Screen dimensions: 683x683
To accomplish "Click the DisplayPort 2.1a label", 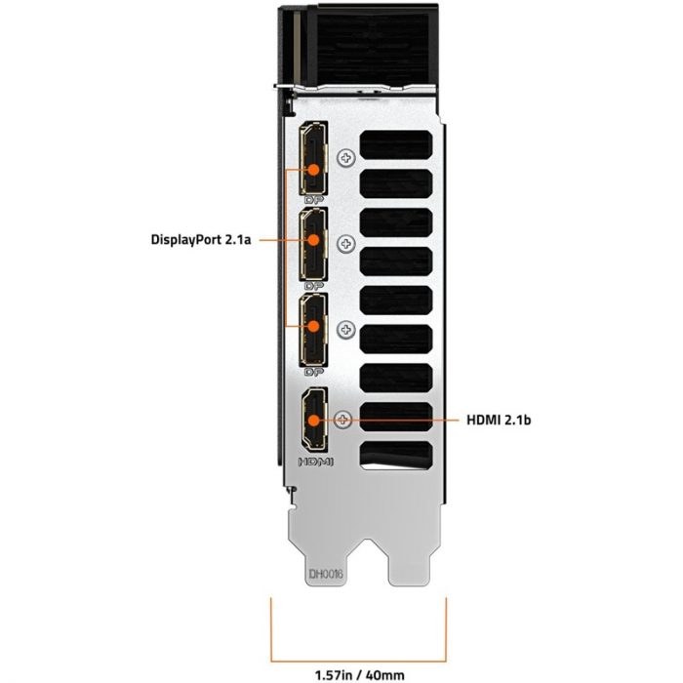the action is pos(201,240).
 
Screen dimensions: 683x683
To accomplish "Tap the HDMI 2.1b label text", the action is pos(499,420).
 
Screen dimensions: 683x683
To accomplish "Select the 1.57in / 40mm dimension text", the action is pos(359,675).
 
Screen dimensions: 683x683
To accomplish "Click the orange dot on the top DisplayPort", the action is pos(313,170).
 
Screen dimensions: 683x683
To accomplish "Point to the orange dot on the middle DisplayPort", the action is pos(313,240).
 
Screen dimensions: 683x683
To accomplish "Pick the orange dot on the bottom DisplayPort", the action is pos(313,326).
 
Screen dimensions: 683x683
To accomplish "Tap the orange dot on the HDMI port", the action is pos(313,420).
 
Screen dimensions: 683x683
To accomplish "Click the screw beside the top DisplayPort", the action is pos(346,157).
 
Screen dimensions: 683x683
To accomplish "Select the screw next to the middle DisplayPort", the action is pos(346,244).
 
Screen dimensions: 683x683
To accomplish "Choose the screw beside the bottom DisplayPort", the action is pos(346,330).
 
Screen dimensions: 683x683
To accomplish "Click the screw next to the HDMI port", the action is pos(342,420).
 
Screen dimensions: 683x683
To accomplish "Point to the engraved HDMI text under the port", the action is pos(315,462).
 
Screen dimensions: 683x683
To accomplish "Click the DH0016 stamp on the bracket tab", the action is pos(326,574).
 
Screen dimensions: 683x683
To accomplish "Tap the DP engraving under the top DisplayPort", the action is pos(314,200).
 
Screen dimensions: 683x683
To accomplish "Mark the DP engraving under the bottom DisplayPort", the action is pos(314,372).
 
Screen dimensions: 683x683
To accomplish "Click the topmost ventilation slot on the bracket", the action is pos(396,145).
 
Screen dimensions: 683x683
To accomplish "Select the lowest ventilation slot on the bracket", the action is pos(396,456).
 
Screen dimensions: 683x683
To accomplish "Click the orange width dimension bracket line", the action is pos(358,662).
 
